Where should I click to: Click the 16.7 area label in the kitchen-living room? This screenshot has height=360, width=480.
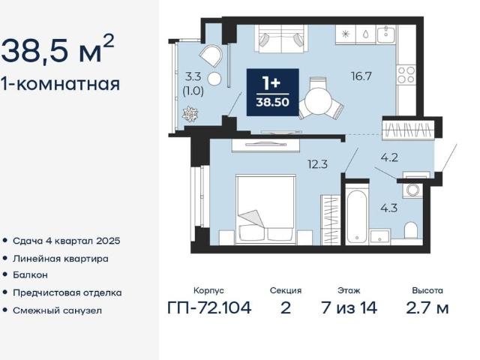click(361, 76)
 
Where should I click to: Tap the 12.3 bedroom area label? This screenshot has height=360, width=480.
click(318, 164)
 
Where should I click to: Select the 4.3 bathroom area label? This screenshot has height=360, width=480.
click(388, 208)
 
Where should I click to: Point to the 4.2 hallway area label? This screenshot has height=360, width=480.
click(389, 157)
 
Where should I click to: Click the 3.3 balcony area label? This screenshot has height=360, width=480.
click(193, 76)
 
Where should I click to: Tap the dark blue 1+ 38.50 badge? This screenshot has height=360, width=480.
click(273, 92)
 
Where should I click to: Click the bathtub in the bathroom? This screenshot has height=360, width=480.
click(357, 216)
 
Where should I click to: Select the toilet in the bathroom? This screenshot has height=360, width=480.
click(411, 230)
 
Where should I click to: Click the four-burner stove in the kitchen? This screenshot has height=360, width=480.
click(406, 75)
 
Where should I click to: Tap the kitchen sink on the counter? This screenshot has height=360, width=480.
click(386, 34)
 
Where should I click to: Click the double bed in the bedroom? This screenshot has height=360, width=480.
click(265, 210)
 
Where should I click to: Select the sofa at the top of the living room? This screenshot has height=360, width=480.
click(282, 39)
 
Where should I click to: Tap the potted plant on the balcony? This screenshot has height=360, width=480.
click(190, 114)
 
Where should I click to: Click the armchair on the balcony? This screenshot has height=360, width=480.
click(211, 56)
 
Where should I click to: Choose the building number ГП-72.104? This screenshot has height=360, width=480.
click(209, 307)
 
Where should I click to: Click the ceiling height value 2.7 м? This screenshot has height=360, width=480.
click(427, 307)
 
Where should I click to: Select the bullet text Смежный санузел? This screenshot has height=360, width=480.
click(57, 310)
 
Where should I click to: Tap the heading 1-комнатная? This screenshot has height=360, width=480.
click(60, 84)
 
